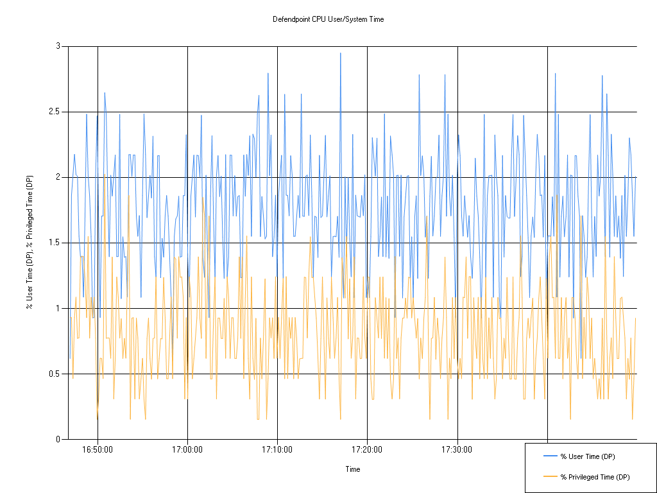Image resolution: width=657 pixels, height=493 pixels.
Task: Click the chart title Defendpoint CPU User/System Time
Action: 328,19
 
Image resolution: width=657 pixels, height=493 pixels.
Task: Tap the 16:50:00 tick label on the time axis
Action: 98,449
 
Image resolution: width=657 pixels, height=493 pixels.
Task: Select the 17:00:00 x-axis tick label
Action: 187,449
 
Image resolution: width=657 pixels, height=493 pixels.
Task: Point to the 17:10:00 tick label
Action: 277,449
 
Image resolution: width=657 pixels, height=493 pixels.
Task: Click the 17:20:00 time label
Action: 367,449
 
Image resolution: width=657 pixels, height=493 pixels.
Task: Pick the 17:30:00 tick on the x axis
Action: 457,449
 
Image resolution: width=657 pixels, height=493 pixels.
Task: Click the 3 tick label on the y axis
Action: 58,46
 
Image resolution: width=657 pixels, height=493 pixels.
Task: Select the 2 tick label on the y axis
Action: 58,177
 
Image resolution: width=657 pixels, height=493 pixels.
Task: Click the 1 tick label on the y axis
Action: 58,308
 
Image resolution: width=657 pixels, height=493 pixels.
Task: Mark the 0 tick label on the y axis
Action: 58,439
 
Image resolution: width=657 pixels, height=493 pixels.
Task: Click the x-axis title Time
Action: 353,469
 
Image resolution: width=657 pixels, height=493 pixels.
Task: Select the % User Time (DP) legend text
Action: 588,456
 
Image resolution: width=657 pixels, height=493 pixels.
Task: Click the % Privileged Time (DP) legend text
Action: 595,477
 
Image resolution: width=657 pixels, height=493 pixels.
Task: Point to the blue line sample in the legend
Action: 550,456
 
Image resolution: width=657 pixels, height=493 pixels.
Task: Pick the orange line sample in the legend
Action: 550,477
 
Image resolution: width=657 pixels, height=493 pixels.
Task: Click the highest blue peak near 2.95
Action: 340,53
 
